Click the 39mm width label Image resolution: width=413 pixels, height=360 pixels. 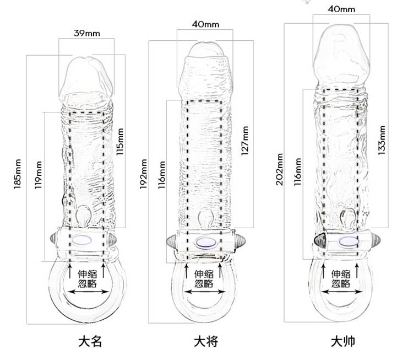click(x=86, y=33)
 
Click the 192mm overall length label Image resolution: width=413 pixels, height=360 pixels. click(x=144, y=174)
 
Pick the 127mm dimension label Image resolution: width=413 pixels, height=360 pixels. click(x=245, y=142)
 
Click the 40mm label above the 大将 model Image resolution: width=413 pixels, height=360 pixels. click(x=206, y=24)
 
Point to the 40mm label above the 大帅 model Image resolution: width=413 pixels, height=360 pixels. click(x=341, y=9)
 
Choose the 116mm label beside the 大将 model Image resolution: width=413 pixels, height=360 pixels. click(x=162, y=175)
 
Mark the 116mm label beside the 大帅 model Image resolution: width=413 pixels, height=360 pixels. click(x=297, y=172)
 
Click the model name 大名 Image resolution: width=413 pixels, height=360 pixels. click(x=89, y=341)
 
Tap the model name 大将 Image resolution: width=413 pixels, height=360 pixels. click(x=206, y=341)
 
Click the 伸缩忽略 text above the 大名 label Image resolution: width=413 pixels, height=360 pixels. click(x=88, y=278)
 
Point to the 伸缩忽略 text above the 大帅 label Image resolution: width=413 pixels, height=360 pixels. click(x=341, y=278)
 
